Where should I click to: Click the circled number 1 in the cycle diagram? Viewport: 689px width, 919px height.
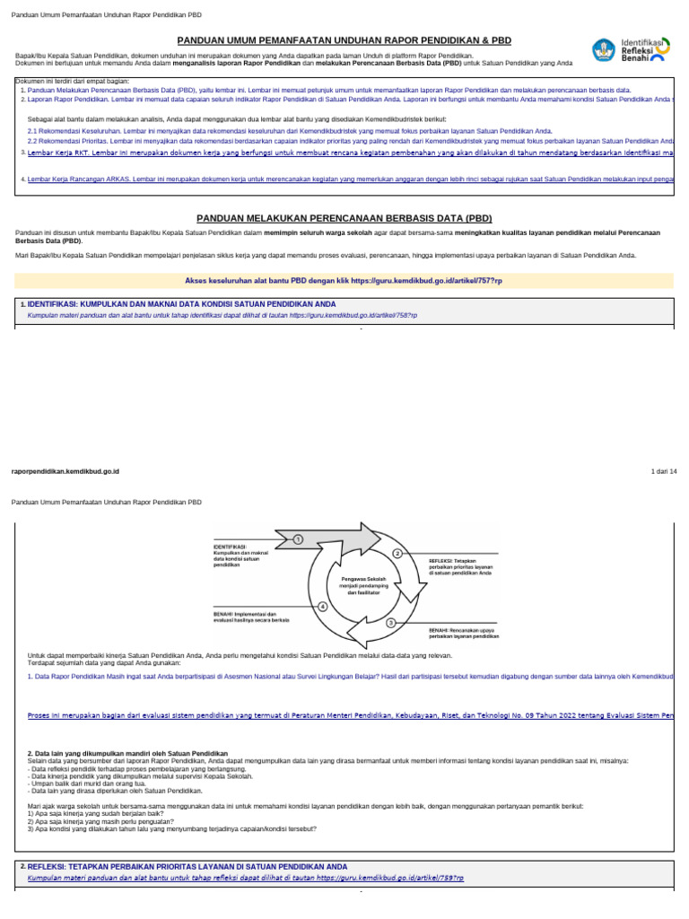tap(299, 538)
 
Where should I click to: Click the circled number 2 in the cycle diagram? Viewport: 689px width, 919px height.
tap(397, 553)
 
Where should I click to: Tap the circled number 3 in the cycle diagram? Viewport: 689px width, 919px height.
tap(391, 622)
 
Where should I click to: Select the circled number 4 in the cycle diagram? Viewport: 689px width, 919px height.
tap(323, 608)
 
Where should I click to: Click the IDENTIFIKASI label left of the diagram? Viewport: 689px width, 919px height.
tap(231, 547)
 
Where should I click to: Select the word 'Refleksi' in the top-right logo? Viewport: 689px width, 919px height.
tap(640, 50)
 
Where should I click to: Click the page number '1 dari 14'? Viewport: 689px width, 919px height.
tap(662, 471)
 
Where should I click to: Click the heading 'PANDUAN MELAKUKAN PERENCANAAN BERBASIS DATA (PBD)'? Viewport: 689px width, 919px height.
tap(344, 218)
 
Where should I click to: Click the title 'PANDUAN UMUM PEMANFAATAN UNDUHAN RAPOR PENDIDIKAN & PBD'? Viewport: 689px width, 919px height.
tap(344, 41)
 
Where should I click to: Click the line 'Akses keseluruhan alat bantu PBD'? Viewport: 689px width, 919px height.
tap(344, 281)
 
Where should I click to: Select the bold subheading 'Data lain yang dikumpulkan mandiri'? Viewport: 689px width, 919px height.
tap(127, 753)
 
